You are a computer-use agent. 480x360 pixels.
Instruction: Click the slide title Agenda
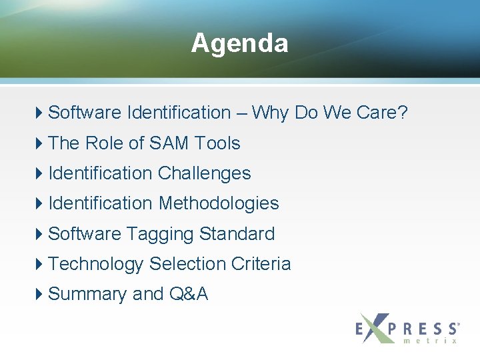tap(239, 43)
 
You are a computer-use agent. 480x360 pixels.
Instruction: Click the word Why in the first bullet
tap(271, 113)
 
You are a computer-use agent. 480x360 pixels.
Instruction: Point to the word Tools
tap(217, 143)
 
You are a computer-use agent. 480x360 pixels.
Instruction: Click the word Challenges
tap(204, 173)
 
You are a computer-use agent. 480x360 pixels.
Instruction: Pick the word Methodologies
tap(219, 203)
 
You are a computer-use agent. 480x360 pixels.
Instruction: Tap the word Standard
tap(237, 234)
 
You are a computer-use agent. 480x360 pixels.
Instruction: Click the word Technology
tap(96, 264)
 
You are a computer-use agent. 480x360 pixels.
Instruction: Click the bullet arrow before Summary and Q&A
tap(41, 294)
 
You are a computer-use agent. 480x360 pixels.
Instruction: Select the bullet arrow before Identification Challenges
tap(41, 173)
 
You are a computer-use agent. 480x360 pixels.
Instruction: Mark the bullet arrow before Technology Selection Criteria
tap(41, 264)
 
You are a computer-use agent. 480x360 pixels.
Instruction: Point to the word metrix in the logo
tap(430, 341)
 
